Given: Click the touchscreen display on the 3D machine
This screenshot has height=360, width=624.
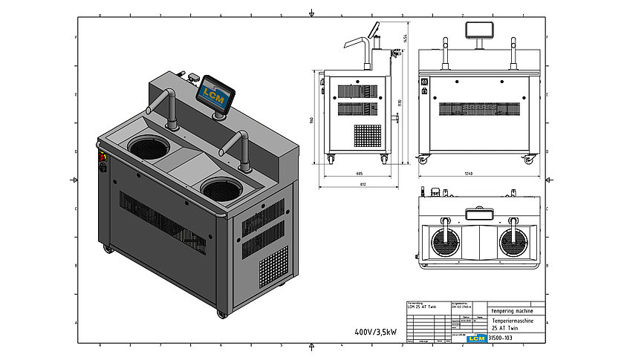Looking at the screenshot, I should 215,94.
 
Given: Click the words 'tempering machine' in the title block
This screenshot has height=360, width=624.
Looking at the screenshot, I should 515,311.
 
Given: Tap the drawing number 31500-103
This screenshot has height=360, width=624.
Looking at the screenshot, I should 501,338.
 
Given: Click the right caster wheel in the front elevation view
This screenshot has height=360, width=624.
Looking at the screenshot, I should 530,160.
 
